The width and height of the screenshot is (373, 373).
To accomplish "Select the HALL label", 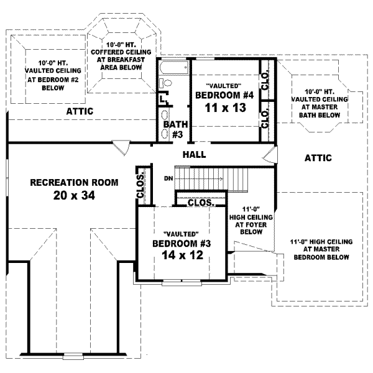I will pyautogui.click(x=194, y=154).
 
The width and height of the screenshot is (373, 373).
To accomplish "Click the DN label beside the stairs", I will pyautogui.click(x=167, y=178).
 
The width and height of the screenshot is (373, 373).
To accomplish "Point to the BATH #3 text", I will pyautogui.click(x=175, y=129).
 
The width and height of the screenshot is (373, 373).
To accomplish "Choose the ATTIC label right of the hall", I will pyautogui.click(x=318, y=158).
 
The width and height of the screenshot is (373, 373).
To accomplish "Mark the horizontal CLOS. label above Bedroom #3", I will pyautogui.click(x=200, y=203).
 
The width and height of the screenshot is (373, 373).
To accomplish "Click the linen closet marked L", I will pyautogui.click(x=162, y=98).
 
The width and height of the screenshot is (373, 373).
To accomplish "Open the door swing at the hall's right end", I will pyautogui.click(x=270, y=156).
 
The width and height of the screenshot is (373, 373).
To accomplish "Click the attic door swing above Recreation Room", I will pyautogui.click(x=122, y=147).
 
